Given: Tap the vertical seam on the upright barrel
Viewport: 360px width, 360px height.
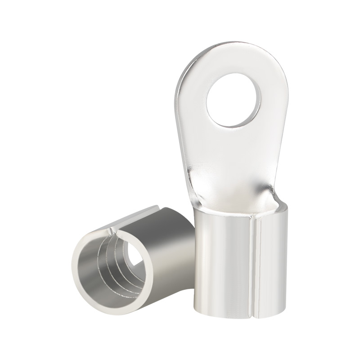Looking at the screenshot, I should (255, 270).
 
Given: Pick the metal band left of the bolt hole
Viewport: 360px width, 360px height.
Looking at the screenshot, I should (196, 103).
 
